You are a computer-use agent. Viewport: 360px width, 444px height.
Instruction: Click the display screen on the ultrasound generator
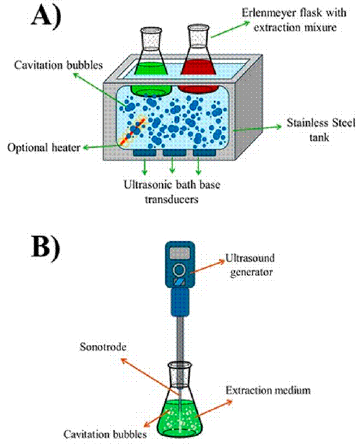[179, 251]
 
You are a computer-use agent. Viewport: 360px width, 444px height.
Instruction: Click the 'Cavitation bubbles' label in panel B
[105, 432]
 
